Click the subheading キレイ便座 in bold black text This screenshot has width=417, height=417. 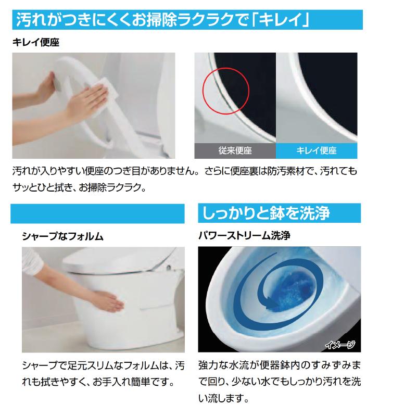(36, 43)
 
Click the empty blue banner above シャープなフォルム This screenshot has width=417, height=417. (98, 213)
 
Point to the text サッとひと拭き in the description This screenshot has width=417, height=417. (47, 186)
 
